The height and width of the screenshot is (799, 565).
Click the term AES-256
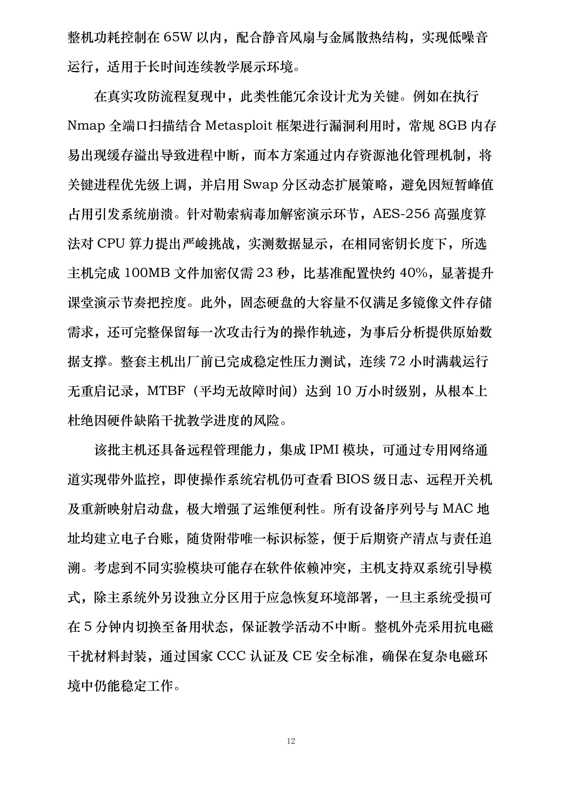401,214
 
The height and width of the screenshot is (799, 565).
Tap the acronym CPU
111,244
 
